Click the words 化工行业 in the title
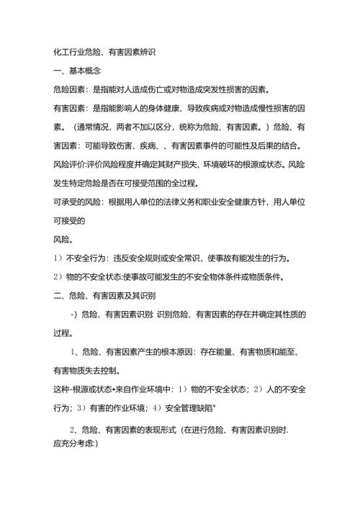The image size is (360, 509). tap(72, 53)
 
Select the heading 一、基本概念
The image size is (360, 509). tap(76, 71)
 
